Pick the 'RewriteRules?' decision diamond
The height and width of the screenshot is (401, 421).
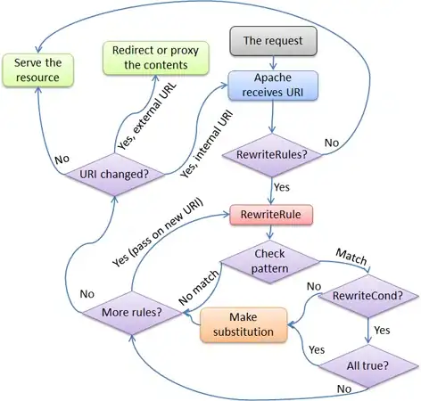272,155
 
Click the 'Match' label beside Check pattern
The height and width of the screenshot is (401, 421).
351,256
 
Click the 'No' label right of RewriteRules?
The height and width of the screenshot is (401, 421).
331,142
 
